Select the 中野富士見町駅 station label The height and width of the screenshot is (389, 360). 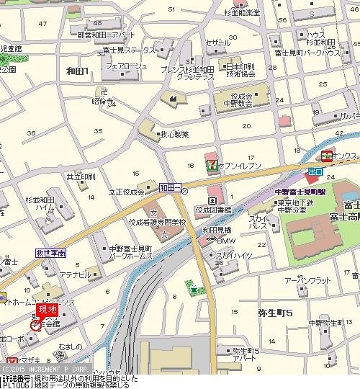click(x=301, y=193)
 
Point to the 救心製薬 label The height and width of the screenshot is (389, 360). click(x=174, y=134)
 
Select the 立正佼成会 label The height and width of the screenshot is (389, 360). click(x=126, y=192)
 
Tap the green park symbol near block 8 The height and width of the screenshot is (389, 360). click(x=194, y=290)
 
